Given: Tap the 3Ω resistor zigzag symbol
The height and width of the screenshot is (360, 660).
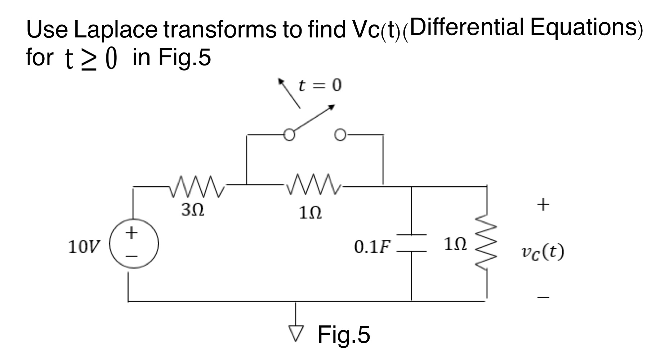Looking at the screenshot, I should [197, 187].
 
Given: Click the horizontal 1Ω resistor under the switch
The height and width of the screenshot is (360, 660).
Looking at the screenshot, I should [314, 185].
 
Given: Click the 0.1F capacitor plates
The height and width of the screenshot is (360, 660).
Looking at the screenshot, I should [412, 242].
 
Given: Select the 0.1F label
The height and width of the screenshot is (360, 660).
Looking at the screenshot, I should [372, 247].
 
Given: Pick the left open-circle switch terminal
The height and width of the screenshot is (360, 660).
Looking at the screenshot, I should [289, 135].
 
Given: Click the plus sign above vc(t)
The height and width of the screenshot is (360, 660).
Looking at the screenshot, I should [543, 204].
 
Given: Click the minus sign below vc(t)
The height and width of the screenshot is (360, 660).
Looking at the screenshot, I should [543, 297].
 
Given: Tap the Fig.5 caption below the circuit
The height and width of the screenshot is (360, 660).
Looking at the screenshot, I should [343, 334].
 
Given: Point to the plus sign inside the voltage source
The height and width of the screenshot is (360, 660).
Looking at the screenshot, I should [132, 232].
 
